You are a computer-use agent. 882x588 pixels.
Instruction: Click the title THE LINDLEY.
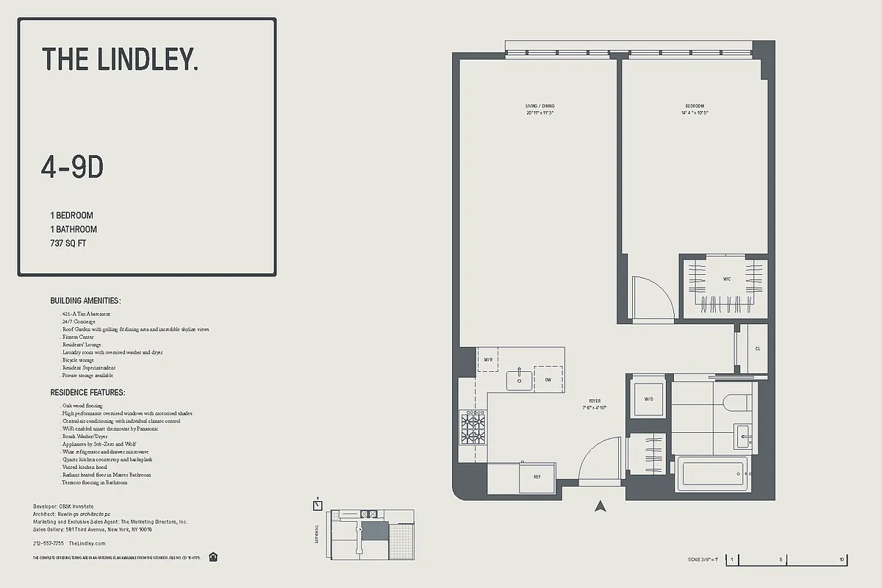click(x=120, y=59)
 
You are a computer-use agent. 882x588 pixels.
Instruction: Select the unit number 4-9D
click(x=72, y=168)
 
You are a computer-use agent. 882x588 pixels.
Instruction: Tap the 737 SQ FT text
click(x=68, y=243)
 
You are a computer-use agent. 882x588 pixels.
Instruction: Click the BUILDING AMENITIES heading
click(x=85, y=301)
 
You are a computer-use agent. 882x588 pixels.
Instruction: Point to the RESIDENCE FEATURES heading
click(x=87, y=393)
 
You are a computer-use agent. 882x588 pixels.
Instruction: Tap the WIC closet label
click(x=726, y=279)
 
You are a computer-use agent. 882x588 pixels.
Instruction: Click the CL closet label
click(x=758, y=348)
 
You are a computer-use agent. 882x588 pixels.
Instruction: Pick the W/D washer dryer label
click(x=648, y=399)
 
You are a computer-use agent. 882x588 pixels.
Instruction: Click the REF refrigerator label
click(x=537, y=477)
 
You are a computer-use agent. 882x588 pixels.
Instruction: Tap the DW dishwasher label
click(x=548, y=379)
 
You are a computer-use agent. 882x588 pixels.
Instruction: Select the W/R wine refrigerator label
click(x=487, y=359)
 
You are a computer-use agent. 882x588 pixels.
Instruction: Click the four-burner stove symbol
click(x=473, y=426)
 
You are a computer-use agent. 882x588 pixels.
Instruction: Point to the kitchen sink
click(x=520, y=379)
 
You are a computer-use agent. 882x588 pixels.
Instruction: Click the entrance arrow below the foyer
click(x=600, y=506)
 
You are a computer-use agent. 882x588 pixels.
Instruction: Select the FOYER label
click(x=595, y=401)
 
